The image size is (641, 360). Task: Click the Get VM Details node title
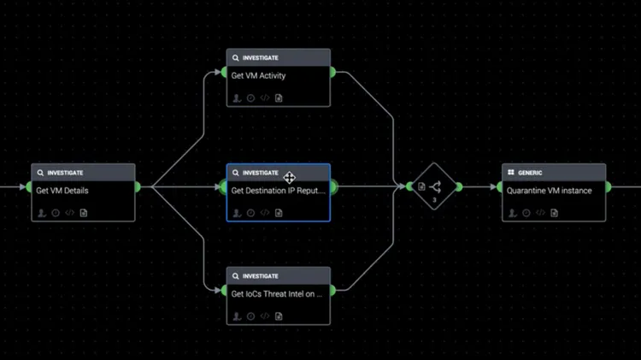pyautogui.click(x=62, y=191)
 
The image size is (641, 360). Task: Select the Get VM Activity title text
pyautogui.click(x=258, y=76)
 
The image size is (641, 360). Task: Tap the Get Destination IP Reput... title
pyautogui.click(x=278, y=191)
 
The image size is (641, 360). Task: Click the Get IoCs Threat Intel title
pyautogui.click(x=277, y=294)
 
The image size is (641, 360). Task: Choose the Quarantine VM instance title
pyautogui.click(x=549, y=191)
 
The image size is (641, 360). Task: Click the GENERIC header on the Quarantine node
pyautogui.click(x=530, y=173)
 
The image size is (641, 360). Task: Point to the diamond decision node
pyautogui.click(x=434, y=186)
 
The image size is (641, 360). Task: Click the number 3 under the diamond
pyautogui.click(x=434, y=200)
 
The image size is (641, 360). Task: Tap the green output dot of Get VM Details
pyautogui.click(x=136, y=186)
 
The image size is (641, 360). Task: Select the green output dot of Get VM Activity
pyautogui.click(x=331, y=72)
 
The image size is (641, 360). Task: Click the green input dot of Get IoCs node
pyautogui.click(x=226, y=290)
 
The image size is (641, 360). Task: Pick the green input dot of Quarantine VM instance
pyautogui.click(x=503, y=186)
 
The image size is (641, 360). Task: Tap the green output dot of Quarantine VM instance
pyautogui.click(x=607, y=186)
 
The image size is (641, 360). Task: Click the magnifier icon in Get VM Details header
pyautogui.click(x=40, y=173)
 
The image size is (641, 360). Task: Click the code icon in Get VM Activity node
pyautogui.click(x=265, y=98)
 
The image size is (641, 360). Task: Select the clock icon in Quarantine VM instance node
pyautogui.click(x=526, y=212)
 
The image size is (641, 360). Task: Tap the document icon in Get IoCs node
pyautogui.click(x=279, y=316)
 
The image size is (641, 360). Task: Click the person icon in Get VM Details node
pyautogui.click(x=42, y=212)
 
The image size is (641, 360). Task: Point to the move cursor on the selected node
pyautogui.click(x=290, y=177)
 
